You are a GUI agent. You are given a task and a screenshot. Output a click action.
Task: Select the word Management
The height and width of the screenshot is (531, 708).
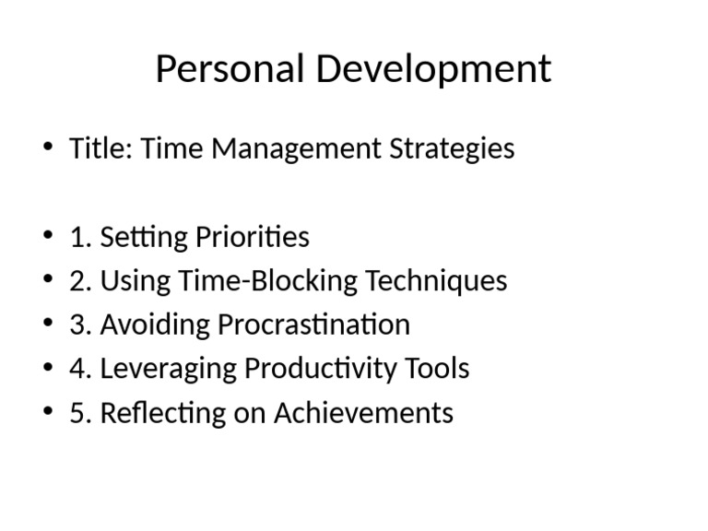pyautogui.click(x=297, y=148)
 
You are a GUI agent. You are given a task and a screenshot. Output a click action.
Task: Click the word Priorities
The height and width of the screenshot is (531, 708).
pyautogui.click(x=253, y=237)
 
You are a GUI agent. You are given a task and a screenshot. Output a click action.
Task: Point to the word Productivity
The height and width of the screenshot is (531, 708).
pyautogui.click(x=322, y=369)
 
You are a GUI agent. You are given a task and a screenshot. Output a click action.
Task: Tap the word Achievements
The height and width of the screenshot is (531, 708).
pyautogui.click(x=363, y=413)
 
